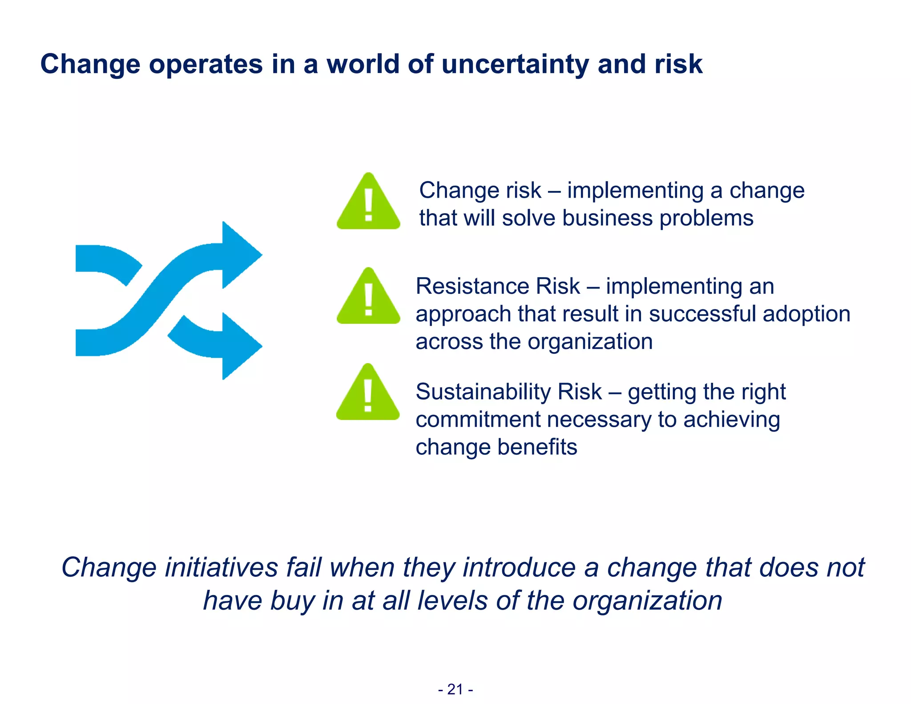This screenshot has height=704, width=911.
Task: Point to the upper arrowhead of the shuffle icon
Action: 241,255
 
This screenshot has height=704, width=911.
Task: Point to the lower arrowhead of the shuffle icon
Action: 241,346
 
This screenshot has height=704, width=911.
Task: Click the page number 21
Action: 455,689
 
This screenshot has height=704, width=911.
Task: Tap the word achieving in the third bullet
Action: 731,420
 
